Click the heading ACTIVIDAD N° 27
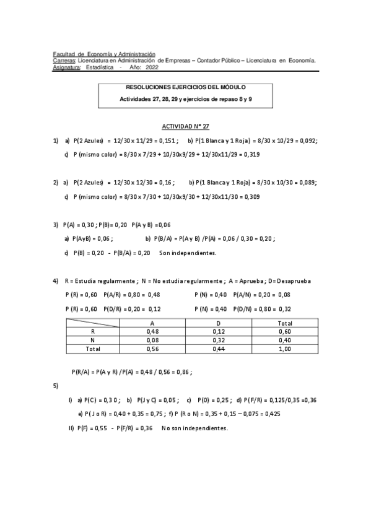tap(185, 126)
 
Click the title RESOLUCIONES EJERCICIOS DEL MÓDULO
tap(185, 88)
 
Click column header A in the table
tap(152, 323)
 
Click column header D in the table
tap(219, 323)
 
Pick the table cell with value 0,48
tap(152, 331)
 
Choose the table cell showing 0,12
tap(219, 331)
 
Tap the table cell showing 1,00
tap(286, 349)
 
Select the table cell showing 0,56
tap(152, 349)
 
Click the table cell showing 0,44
tap(219, 349)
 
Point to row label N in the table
tap(93, 340)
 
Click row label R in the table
tap(93, 331)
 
